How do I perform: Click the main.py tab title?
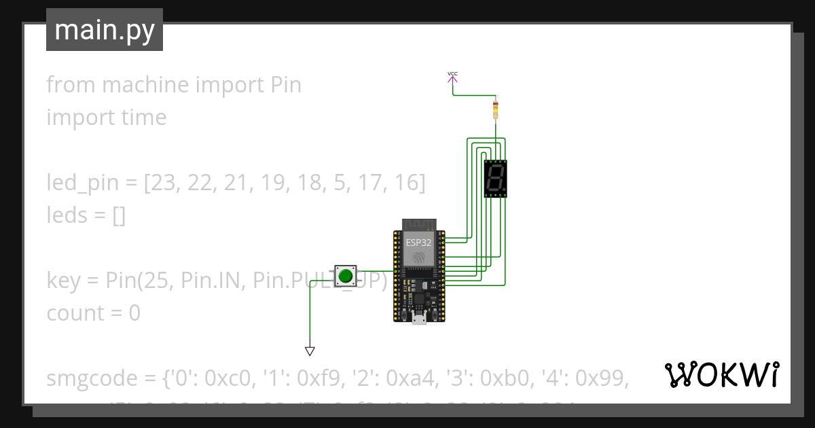[105, 30]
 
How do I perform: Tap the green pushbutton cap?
[346, 275]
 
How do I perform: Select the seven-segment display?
[495, 179]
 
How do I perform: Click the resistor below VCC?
[495, 109]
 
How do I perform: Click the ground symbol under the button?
[310, 351]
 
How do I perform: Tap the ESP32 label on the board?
[419, 242]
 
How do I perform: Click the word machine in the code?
[144, 85]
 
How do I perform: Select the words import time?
[107, 118]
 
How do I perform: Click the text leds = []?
[86, 215]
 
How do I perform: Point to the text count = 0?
[94, 313]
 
